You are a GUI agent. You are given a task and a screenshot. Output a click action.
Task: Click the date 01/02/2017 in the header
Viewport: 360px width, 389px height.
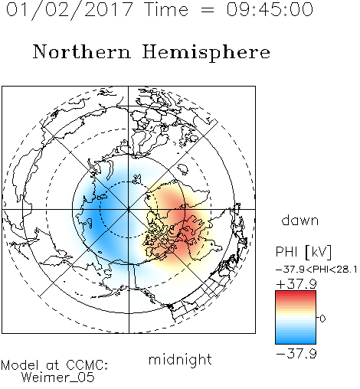[70, 10]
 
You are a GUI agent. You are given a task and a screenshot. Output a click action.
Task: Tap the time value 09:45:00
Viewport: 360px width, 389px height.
[270, 9]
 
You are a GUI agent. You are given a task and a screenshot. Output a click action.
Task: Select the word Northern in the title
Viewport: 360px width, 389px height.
[82, 51]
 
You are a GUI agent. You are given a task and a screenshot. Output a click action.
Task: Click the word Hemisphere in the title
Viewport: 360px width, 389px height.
[206, 52]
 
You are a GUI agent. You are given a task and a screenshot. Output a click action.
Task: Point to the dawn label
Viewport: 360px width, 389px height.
[300, 220]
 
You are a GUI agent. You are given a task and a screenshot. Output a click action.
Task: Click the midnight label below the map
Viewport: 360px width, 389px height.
[180, 359]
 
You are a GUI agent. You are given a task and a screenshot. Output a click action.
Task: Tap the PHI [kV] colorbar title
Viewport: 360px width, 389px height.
[303, 252]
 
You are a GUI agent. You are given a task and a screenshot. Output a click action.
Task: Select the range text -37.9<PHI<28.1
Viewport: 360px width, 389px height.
[316, 270]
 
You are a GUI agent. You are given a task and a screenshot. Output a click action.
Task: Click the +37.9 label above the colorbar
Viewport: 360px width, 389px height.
[296, 284]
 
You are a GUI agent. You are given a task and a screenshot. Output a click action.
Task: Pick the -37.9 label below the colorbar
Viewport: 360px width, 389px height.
[296, 354]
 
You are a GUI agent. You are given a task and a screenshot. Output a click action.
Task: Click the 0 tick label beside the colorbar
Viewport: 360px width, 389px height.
[322, 319]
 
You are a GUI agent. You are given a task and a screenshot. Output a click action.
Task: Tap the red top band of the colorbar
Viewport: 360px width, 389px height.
[296, 293]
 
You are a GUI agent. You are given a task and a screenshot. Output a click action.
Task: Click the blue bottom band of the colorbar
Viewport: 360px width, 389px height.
[296, 341]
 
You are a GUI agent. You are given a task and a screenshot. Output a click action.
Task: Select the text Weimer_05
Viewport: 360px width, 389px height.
[58, 377]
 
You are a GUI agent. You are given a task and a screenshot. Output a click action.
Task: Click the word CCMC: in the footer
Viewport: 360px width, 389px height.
[87, 365]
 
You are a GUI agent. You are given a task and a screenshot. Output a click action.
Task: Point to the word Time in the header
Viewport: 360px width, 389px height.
[166, 9]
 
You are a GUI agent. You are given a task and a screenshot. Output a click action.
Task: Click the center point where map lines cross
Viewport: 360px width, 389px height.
[129, 209]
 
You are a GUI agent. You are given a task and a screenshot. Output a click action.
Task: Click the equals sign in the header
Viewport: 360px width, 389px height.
[207, 10]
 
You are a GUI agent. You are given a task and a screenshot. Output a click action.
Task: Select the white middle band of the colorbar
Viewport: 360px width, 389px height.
[296, 319]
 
